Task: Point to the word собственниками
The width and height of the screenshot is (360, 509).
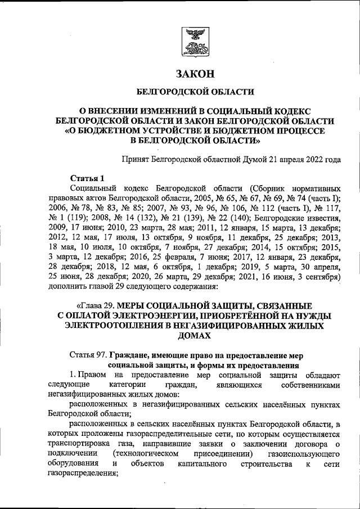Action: [309, 385]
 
